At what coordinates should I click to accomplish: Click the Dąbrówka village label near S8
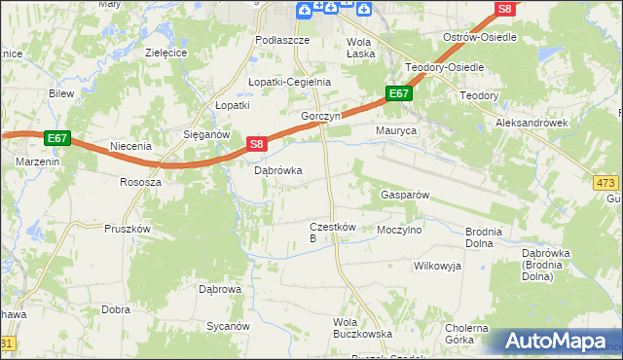pos(277,170)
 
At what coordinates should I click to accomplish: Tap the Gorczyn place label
pos(320,116)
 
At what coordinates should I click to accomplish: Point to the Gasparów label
pos(403,195)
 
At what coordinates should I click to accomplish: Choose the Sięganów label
pos(205,135)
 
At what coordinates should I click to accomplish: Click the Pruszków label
pos(127,229)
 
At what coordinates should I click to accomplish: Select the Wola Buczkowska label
pos(362,327)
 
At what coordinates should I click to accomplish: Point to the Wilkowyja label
pos(436,265)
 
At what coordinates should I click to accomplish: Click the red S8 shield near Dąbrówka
pos(255,144)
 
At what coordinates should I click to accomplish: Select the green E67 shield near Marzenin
pos(56,138)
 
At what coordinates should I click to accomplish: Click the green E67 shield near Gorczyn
pos(399,93)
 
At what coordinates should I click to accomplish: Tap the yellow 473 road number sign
pos(606,182)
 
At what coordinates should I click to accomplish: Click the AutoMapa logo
pos(558,342)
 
